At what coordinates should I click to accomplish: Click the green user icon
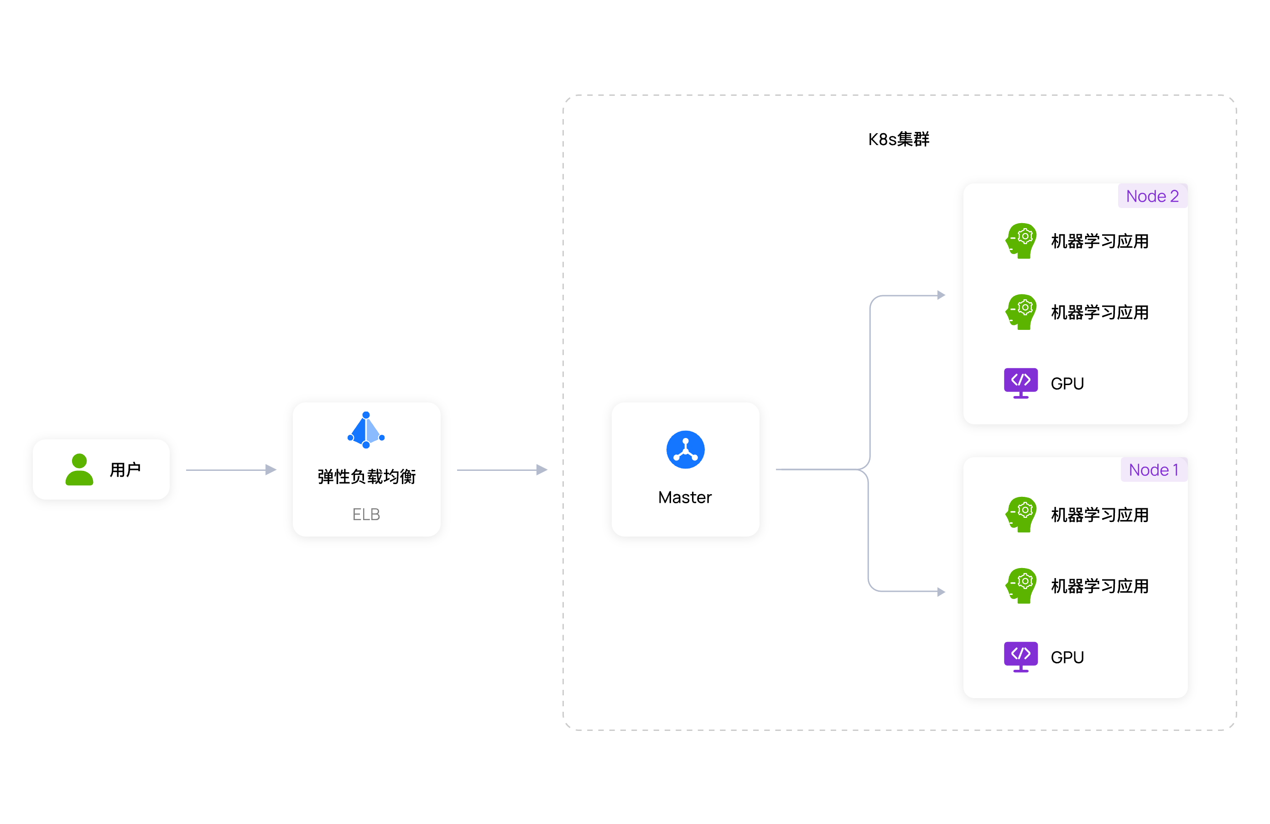point(79,469)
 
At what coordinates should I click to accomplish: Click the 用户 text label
point(125,469)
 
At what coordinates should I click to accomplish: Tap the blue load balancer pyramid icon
point(366,430)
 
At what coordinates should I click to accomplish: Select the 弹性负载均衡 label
point(367,477)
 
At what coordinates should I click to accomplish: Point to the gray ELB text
point(366,515)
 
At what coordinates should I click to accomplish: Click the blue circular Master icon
point(685,449)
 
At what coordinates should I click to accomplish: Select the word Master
point(685,497)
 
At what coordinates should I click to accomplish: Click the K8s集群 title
point(899,139)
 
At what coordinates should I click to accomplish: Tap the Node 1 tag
point(1154,469)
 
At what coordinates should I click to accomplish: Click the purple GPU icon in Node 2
point(1021,383)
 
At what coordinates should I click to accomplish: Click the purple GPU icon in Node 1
point(1021,657)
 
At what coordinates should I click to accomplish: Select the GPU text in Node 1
point(1067,657)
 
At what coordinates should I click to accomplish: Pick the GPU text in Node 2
point(1067,384)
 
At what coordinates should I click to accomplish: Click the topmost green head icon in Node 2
point(1021,241)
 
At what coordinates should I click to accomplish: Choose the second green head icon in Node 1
point(1021,585)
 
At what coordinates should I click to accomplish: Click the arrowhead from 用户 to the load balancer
point(271,469)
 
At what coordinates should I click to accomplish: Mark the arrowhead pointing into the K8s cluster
point(542,469)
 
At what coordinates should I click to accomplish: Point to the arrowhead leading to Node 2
point(941,295)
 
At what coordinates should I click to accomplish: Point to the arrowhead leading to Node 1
point(941,592)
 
